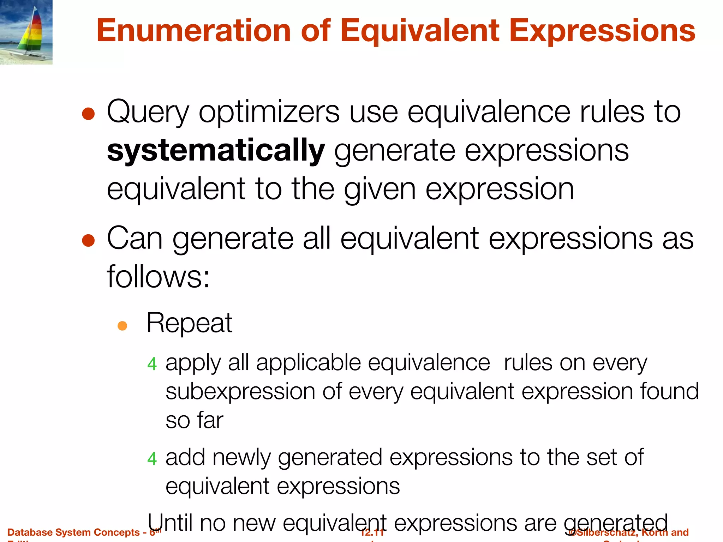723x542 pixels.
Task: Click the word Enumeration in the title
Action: coord(194,31)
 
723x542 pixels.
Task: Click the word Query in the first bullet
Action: coord(148,112)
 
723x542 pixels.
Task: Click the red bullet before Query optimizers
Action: coord(88,114)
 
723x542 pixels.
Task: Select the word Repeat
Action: coord(189,323)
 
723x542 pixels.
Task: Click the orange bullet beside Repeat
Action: coord(122,325)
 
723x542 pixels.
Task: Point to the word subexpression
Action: coord(240,392)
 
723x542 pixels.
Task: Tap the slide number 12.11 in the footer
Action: coord(372,532)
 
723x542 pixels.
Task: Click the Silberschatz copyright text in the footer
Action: coord(628,532)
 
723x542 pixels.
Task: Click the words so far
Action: coord(194,420)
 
